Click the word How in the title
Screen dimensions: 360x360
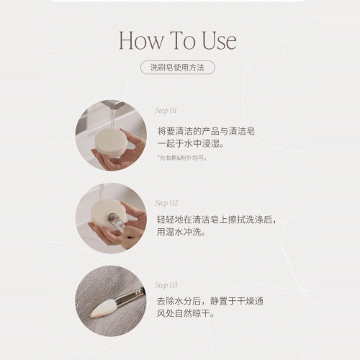pos(141,40)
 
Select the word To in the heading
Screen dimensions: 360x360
pos(182,40)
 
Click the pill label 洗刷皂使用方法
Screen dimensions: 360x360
pos(178,68)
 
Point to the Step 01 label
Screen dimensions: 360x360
pos(166,110)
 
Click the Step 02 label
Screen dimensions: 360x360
pos(166,203)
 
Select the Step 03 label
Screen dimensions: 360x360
pos(166,285)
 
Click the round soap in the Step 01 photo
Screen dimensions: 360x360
pos(111,143)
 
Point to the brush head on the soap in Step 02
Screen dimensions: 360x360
pos(112,217)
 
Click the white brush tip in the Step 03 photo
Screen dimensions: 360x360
pos(103,309)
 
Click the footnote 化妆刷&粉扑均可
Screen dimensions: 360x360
pos(182,158)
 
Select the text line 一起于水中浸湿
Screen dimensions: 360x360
pos(191,143)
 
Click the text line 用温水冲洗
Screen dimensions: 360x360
pos(181,232)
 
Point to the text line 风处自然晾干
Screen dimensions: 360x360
pos(186,313)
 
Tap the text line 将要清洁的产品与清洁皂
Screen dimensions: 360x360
pos(206,131)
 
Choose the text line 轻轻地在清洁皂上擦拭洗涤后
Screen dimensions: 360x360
pos(216,220)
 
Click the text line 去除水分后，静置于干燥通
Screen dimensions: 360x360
pos(210,301)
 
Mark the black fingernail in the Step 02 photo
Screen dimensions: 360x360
pos(130,238)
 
